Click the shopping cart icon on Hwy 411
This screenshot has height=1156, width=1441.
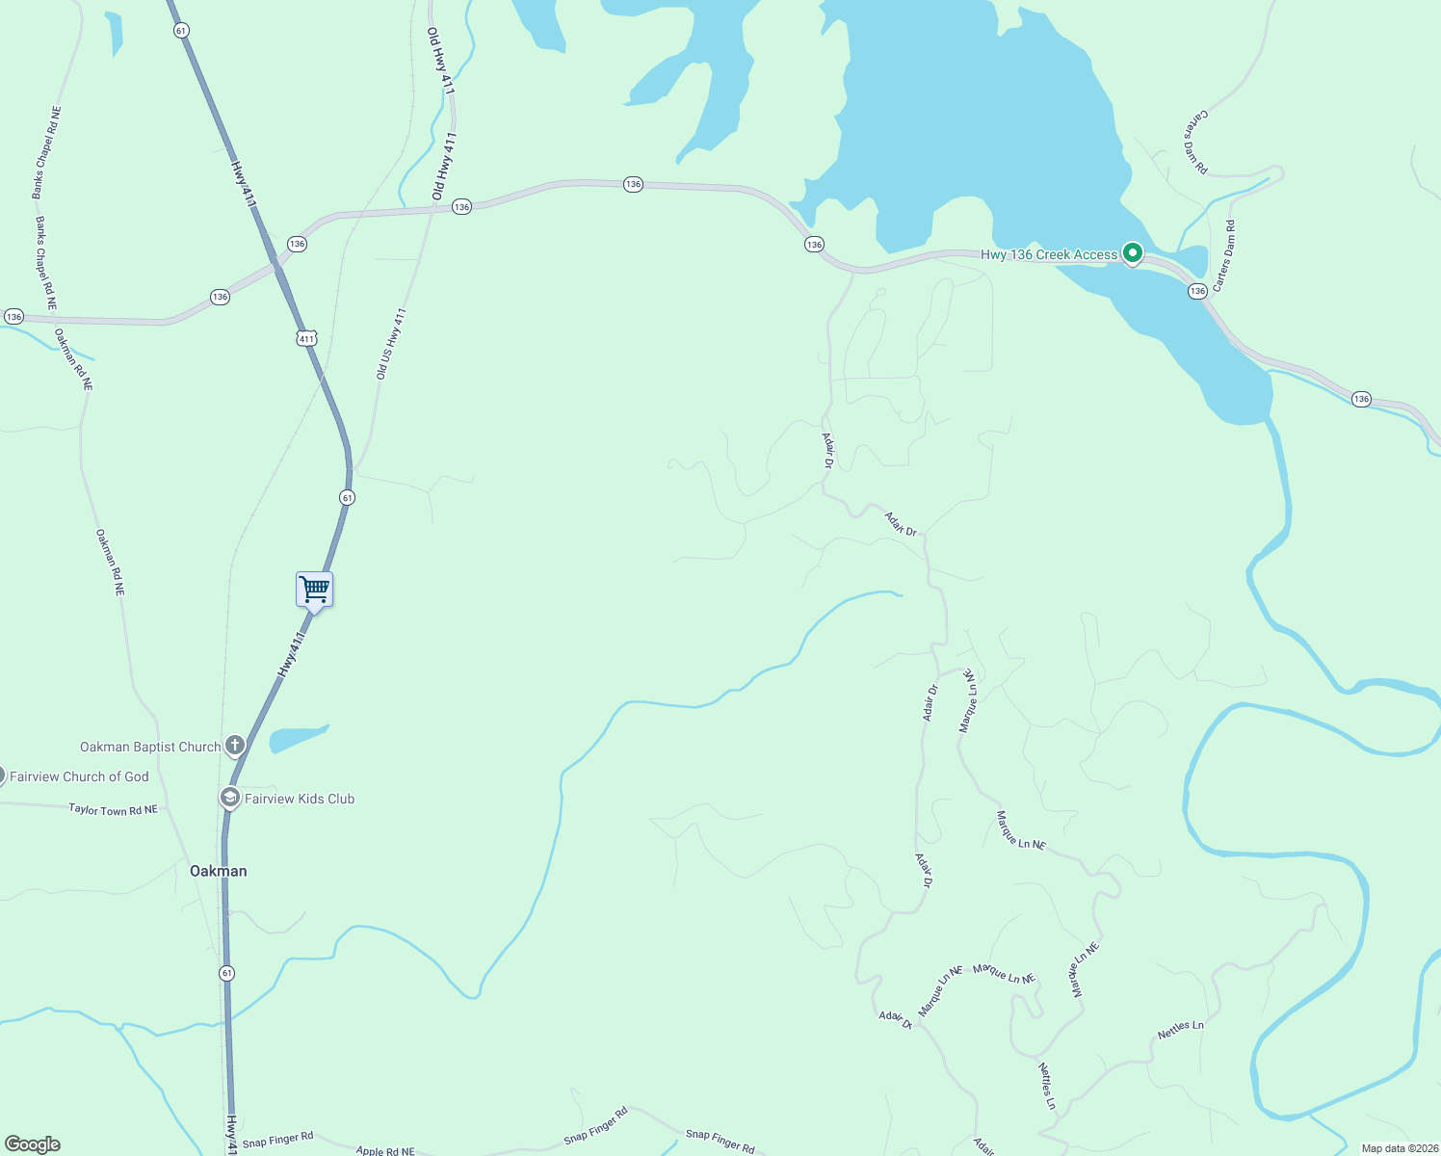[314, 590]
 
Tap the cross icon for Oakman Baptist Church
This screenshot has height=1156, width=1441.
[234, 746]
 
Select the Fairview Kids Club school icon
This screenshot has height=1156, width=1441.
[229, 798]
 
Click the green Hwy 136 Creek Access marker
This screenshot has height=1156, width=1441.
[1133, 253]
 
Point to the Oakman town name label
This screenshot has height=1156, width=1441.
[218, 871]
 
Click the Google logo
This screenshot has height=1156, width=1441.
[32, 1144]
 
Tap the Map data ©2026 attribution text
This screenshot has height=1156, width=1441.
[1400, 1148]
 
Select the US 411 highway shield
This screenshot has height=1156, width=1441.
[306, 338]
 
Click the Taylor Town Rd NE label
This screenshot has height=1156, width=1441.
[113, 810]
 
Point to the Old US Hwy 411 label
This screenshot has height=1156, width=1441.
[391, 344]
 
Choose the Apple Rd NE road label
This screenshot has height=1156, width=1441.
[385, 1150]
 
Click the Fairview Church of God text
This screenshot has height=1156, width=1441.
[79, 776]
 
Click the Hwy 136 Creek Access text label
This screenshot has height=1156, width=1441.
[1049, 254]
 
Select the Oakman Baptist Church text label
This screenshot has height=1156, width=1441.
[150, 747]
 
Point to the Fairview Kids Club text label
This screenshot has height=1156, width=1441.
[300, 799]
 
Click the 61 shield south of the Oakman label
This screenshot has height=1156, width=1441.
[226, 973]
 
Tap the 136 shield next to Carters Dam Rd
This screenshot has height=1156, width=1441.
[1197, 291]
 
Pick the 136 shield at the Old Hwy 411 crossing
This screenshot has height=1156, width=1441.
[461, 207]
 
